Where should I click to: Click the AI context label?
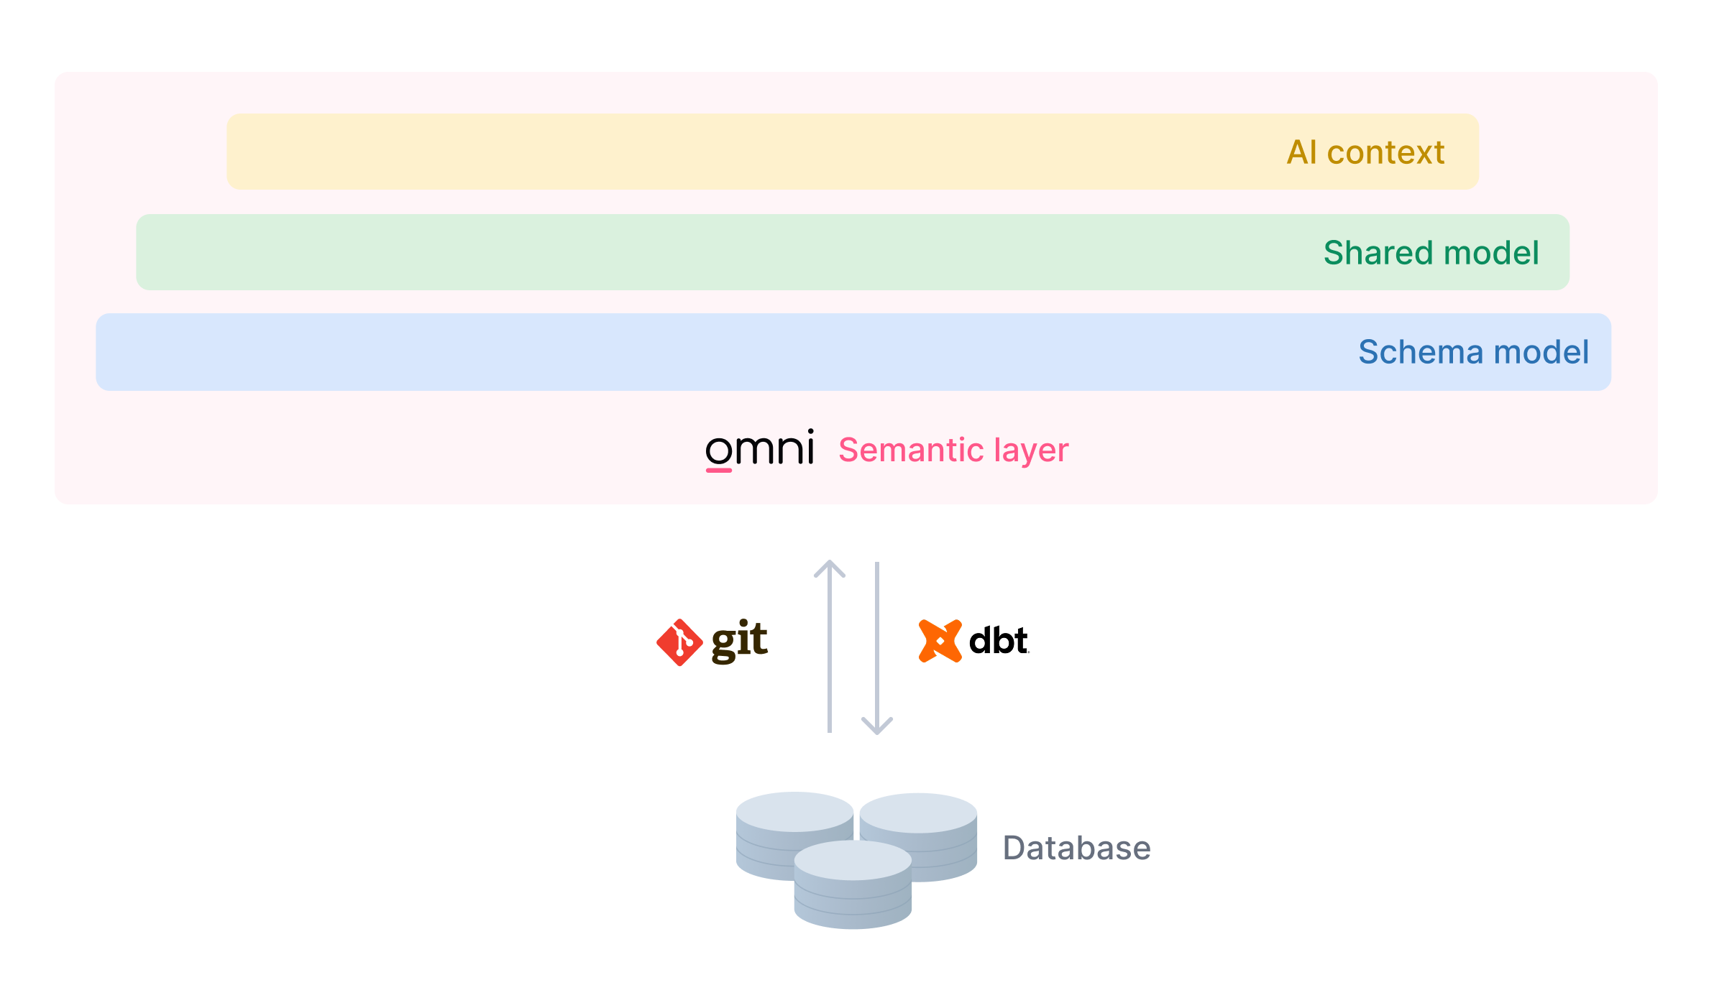(x=1365, y=152)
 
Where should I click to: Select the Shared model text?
(x=1431, y=253)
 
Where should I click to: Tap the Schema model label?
(x=1473, y=352)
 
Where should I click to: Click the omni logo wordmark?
(x=759, y=450)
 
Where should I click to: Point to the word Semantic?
(x=911, y=450)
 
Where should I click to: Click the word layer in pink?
(x=1031, y=451)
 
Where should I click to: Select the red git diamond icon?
(x=679, y=642)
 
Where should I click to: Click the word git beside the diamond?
(x=739, y=641)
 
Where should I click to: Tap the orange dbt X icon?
(x=940, y=640)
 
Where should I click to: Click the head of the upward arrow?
(x=830, y=568)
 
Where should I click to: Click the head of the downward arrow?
(x=877, y=726)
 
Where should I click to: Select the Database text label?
(x=1076, y=848)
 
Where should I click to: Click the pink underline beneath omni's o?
(x=718, y=471)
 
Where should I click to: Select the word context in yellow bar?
(x=1385, y=152)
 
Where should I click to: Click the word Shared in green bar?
(x=1378, y=253)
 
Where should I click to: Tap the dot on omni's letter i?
(x=810, y=433)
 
